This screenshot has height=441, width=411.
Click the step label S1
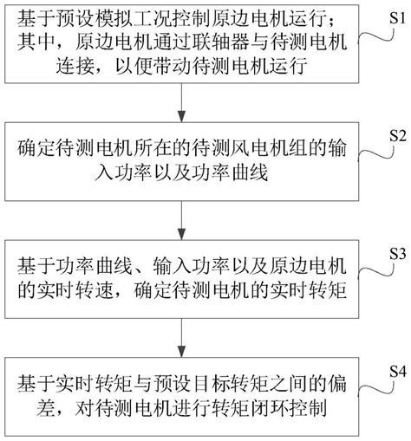pos(398,18)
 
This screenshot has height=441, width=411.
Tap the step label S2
pos(398,135)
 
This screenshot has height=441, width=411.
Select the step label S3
pos(398,254)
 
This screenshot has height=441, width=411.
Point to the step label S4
pos(398,372)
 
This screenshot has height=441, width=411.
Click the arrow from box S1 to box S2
pos(181,102)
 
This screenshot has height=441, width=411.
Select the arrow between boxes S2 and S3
pos(181,220)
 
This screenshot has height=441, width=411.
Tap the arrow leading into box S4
pos(181,338)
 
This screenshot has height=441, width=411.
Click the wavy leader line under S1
pos(376,37)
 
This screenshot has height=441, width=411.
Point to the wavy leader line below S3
pos(376,271)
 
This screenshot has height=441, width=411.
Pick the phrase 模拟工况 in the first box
pos(134,19)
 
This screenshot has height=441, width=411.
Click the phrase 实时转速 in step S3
pos(75,290)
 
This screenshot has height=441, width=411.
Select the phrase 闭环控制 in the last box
pos(289,407)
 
